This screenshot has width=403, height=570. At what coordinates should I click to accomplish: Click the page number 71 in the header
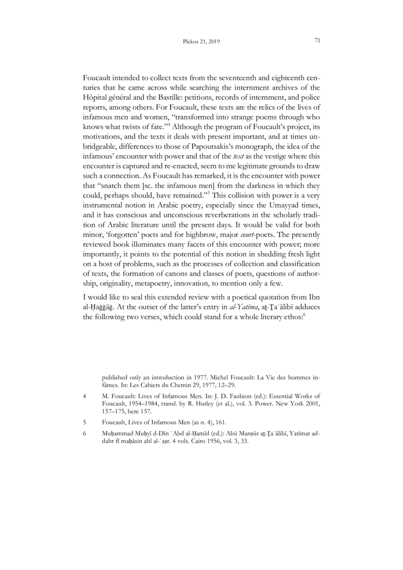coord(317,40)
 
